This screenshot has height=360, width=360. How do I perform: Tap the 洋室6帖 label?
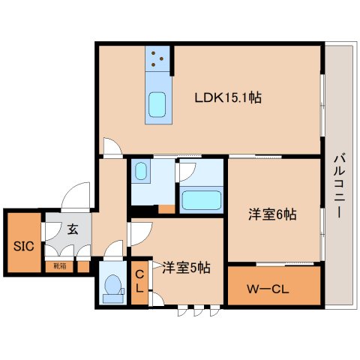pos(272,214)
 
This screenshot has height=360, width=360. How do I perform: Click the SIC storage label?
pos(22,245)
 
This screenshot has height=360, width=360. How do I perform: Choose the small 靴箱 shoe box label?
pos(59,265)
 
